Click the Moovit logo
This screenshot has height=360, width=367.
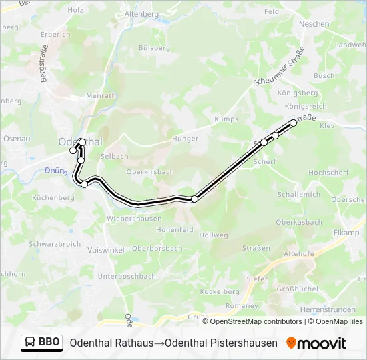(x=316, y=343)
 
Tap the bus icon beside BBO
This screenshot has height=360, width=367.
(x=30, y=343)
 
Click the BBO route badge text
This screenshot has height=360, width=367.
(x=49, y=343)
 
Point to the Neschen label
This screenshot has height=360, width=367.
(x=314, y=24)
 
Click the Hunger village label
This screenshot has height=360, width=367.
(x=185, y=139)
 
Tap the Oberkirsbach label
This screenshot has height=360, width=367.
(x=150, y=171)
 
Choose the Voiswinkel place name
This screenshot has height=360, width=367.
(x=106, y=250)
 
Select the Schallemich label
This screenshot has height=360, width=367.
(x=298, y=194)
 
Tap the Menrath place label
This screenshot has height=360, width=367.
(x=101, y=96)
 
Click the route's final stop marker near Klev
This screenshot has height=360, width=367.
(x=293, y=123)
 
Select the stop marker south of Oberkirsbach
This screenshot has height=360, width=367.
(x=194, y=199)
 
